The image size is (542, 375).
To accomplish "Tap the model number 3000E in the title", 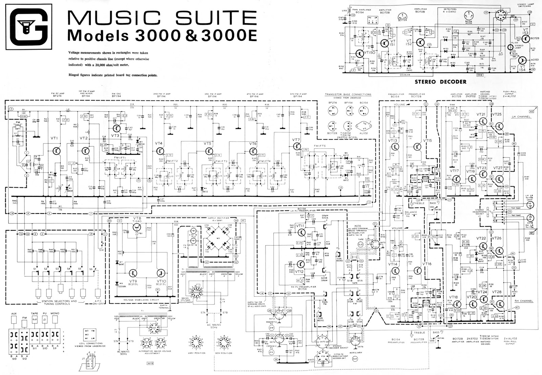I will tap(224, 36).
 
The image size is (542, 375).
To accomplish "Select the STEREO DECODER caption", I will tap(440, 82).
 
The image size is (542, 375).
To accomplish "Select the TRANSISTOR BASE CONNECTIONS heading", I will tap(348, 95).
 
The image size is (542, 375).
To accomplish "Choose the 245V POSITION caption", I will tap(199, 353).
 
